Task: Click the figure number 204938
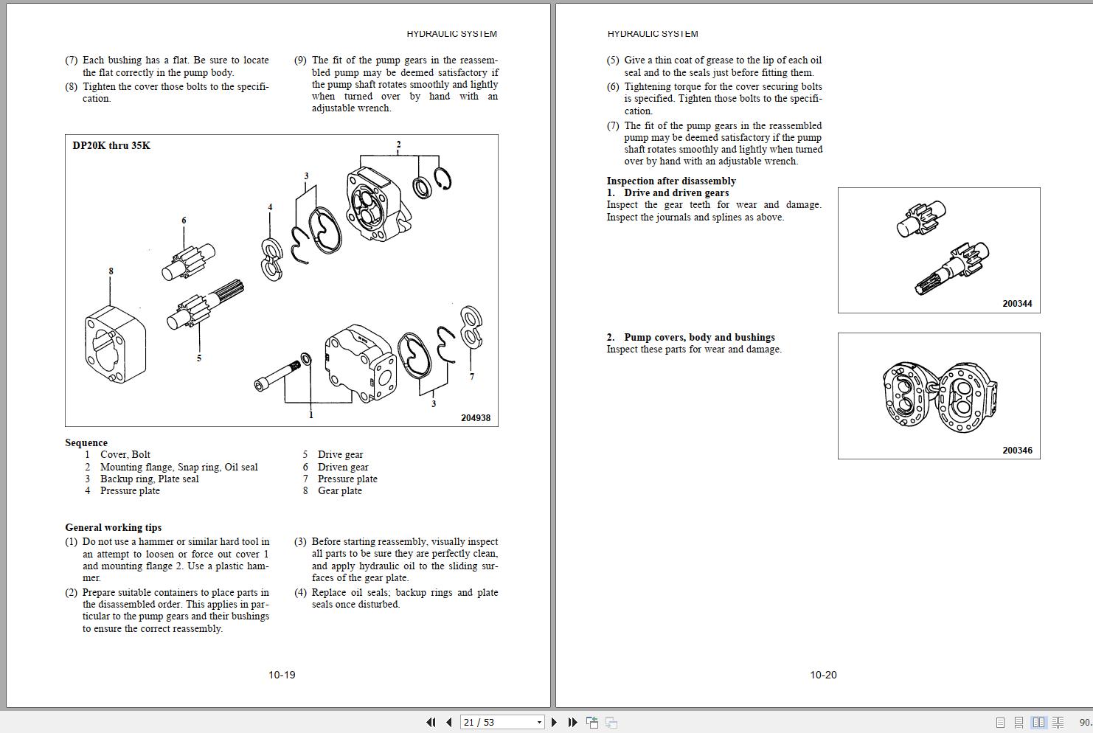[x=475, y=418]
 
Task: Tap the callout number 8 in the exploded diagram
[x=111, y=271]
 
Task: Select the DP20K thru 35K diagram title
[x=111, y=145]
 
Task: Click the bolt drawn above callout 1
[x=277, y=375]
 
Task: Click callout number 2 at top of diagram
[x=398, y=145]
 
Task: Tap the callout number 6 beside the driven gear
[x=184, y=220]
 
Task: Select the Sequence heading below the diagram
[x=86, y=442]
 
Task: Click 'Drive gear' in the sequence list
[x=340, y=454]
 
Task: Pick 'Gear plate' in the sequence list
[x=339, y=490]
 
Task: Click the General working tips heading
[x=113, y=527]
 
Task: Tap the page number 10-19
[x=282, y=675]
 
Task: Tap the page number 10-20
[x=823, y=675]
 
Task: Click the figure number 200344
[x=1017, y=304]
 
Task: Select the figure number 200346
[x=1017, y=451]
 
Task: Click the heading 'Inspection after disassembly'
[x=671, y=181]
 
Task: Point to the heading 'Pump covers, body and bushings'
[x=699, y=337]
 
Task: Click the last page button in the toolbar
[x=572, y=723]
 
